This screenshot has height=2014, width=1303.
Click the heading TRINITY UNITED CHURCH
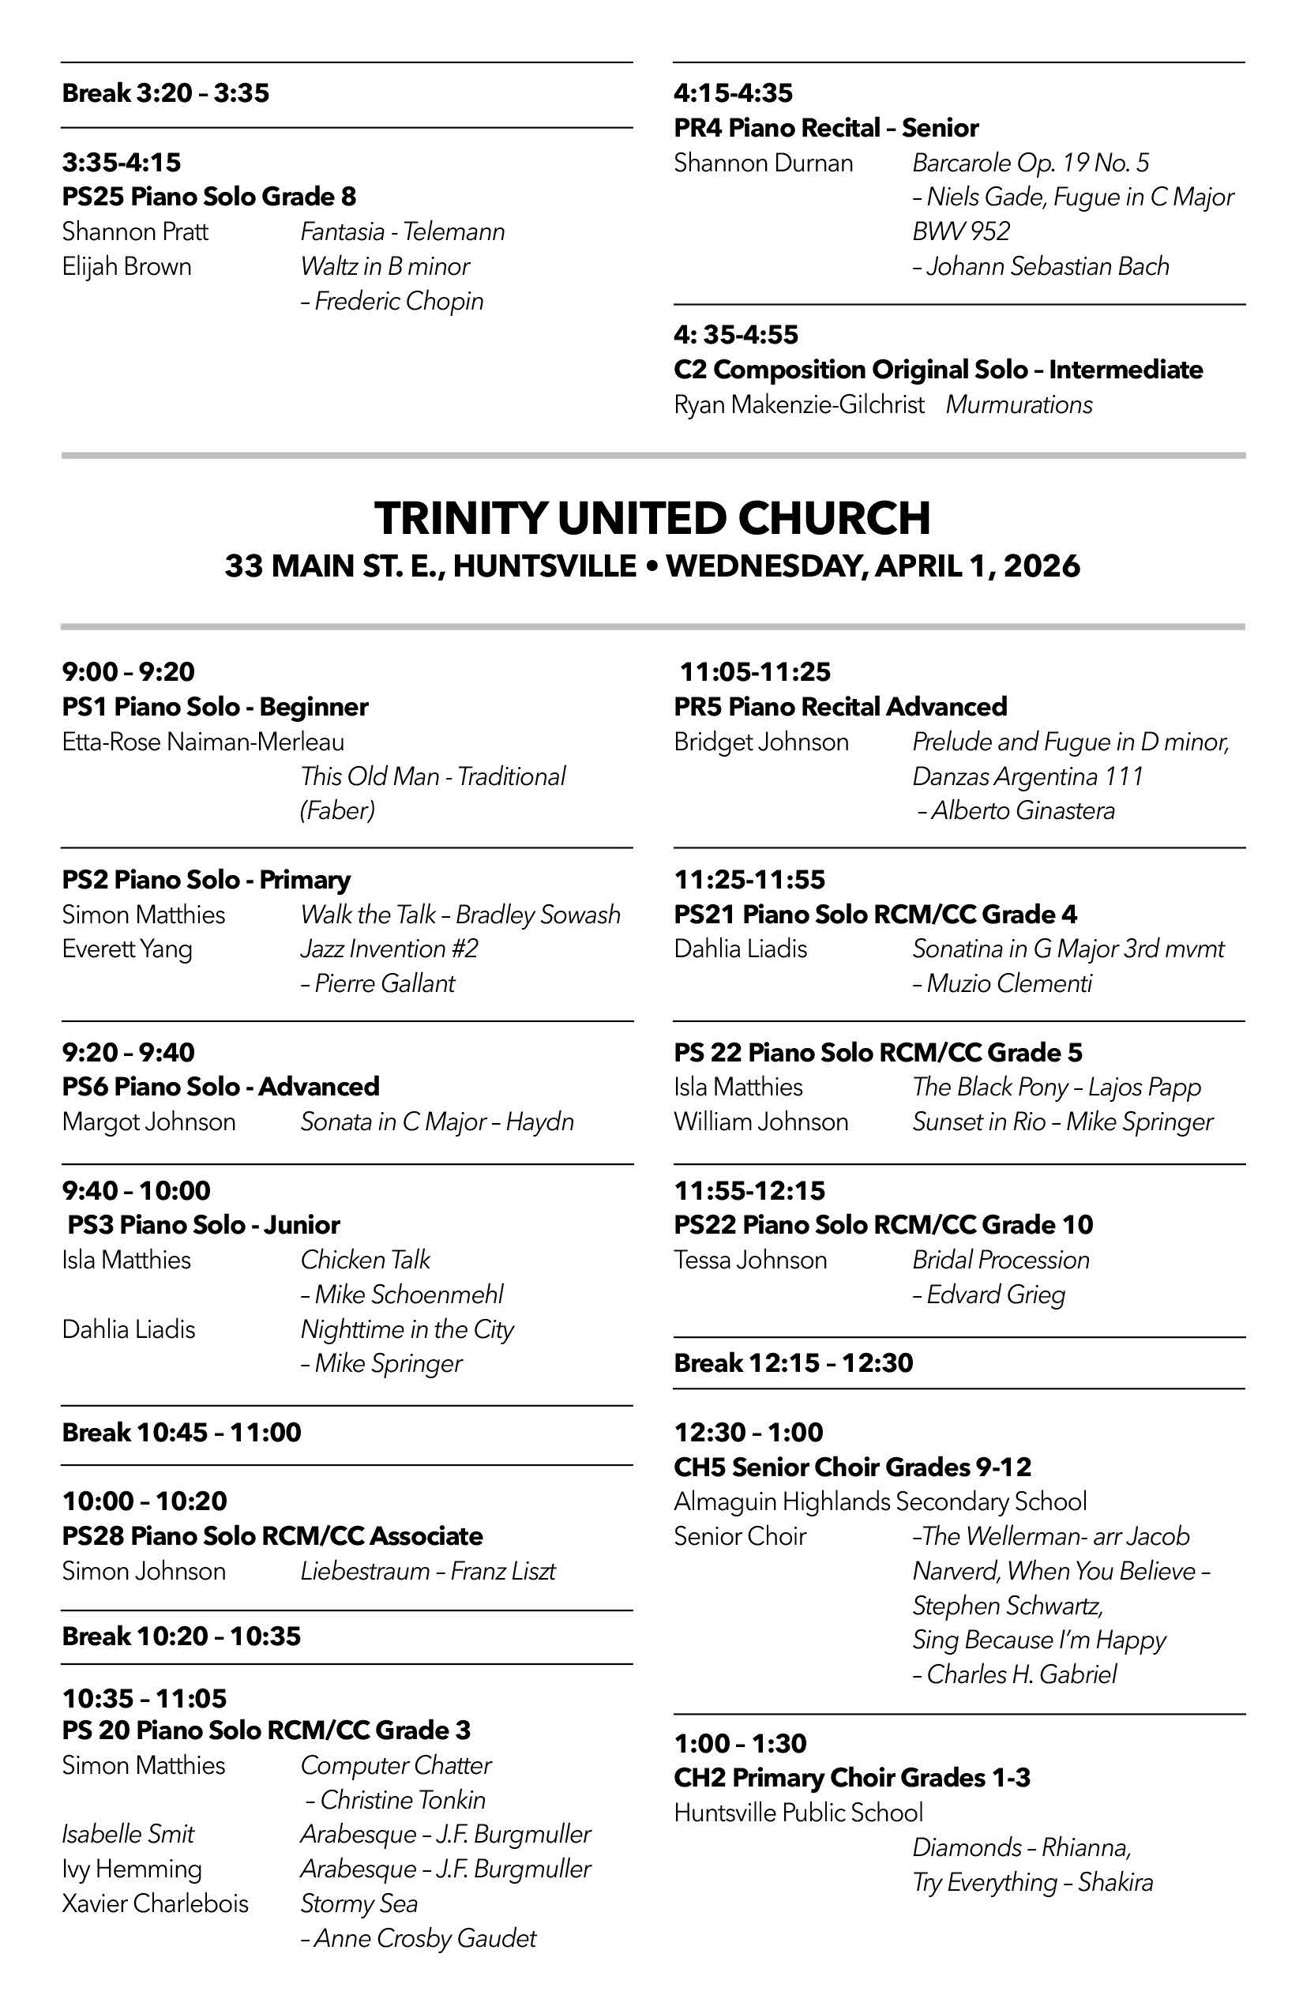(651, 518)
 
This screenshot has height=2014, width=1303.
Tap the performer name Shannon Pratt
(135, 232)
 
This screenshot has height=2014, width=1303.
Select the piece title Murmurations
(1019, 404)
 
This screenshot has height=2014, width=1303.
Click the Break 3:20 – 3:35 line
(166, 92)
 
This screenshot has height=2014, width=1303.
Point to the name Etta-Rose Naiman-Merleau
(203, 742)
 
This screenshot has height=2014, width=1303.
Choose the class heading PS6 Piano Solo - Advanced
(221, 1087)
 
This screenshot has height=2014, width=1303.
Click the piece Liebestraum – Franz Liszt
(428, 1571)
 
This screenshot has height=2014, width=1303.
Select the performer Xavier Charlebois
(155, 1903)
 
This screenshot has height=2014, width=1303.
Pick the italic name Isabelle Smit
(128, 1834)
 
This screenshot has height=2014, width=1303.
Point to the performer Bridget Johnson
(761, 742)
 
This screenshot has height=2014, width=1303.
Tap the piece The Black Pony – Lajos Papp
(1057, 1087)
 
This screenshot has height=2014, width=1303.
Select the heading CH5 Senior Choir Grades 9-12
(853, 1467)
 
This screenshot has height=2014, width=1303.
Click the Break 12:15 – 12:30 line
(794, 1362)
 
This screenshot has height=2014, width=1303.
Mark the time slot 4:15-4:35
(734, 92)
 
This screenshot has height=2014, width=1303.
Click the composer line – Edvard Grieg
(988, 1294)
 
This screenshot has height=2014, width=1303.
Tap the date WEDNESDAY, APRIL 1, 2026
(873, 565)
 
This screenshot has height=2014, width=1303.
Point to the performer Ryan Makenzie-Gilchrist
(798, 404)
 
